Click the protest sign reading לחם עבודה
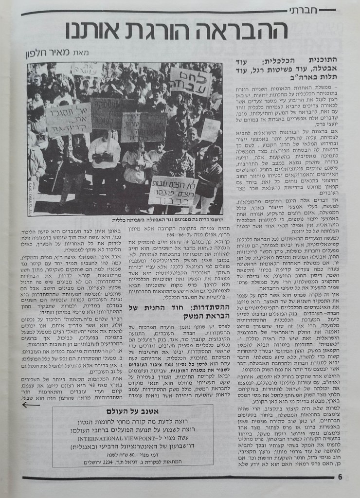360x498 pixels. point(190,82)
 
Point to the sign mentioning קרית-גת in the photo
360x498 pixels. point(68,119)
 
